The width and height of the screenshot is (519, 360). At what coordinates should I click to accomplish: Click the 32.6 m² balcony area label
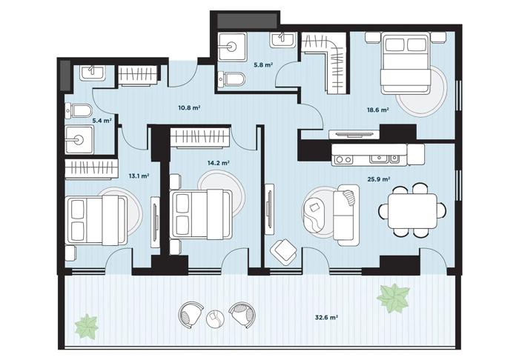(x=326, y=318)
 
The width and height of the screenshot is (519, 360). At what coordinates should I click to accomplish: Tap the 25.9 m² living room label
(x=378, y=179)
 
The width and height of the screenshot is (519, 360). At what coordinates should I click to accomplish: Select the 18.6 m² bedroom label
(x=377, y=110)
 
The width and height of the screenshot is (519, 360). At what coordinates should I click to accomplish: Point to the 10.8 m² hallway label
(x=190, y=107)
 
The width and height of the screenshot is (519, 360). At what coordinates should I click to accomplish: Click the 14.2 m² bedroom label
(x=219, y=163)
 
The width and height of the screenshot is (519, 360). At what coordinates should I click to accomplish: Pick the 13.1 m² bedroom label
(x=139, y=176)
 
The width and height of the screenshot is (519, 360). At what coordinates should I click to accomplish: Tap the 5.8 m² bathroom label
(x=263, y=64)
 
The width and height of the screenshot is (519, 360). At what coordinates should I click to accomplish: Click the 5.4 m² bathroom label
(x=102, y=121)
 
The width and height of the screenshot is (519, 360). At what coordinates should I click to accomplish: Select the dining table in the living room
(x=412, y=211)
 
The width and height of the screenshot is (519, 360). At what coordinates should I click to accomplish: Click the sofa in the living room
(x=346, y=216)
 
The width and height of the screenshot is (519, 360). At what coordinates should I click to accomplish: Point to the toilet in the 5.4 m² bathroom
(x=79, y=111)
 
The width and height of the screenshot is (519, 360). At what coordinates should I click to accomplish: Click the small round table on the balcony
(x=215, y=319)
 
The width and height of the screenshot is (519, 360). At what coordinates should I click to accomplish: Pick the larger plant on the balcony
(x=393, y=299)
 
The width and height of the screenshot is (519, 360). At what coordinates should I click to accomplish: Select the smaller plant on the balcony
(x=87, y=327)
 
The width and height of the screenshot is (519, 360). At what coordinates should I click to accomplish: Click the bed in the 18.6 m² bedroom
(x=406, y=63)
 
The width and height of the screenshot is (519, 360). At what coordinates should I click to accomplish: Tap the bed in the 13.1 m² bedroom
(x=96, y=220)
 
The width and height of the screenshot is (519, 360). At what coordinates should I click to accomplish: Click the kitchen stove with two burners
(x=343, y=160)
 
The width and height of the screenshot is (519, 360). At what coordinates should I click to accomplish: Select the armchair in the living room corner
(x=283, y=252)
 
